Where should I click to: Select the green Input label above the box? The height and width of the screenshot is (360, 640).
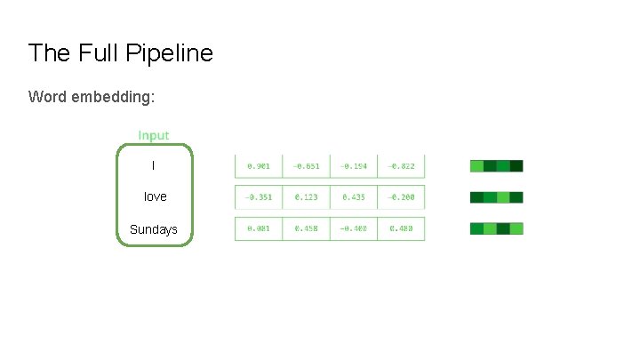(x=154, y=135)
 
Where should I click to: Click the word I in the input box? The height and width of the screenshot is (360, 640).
(x=153, y=165)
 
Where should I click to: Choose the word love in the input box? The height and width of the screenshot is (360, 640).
(x=155, y=196)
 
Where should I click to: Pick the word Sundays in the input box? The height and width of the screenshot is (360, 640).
(x=154, y=229)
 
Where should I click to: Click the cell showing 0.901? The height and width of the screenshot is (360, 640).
(x=259, y=165)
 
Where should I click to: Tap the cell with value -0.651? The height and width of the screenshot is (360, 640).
(x=306, y=165)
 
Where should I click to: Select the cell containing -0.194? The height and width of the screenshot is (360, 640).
(x=354, y=165)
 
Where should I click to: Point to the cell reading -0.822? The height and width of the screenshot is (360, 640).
(x=402, y=165)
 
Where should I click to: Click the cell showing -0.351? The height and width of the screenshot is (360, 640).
(x=259, y=196)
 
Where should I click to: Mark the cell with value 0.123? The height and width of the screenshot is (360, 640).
(x=306, y=196)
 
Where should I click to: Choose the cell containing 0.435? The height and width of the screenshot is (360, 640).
(x=354, y=196)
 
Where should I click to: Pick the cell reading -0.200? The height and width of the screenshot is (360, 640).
(x=402, y=196)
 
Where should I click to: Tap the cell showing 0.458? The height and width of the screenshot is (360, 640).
(x=306, y=228)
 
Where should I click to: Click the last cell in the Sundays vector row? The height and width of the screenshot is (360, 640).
(x=402, y=228)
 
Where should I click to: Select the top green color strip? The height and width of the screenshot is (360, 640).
(x=496, y=165)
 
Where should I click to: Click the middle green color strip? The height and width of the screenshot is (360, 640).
(x=496, y=196)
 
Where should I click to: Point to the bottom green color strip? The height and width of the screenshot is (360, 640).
(x=496, y=228)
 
